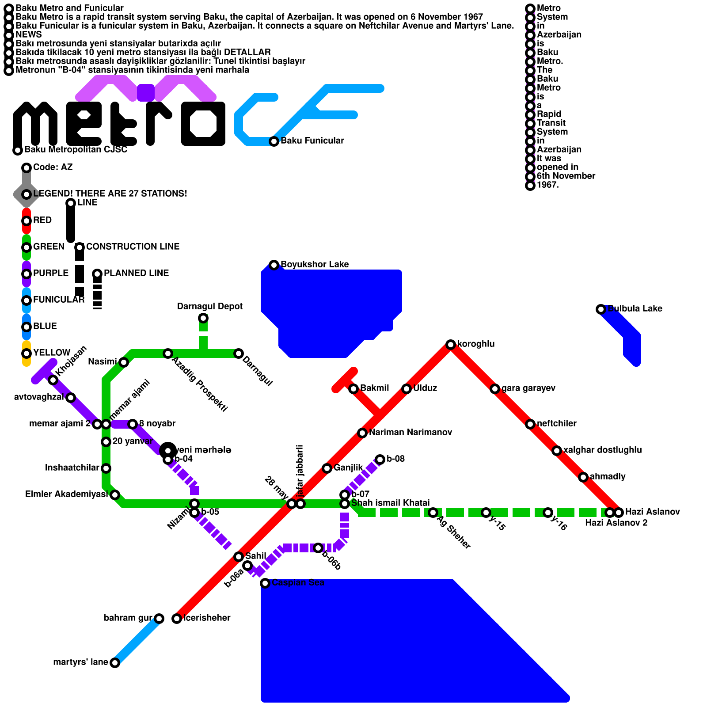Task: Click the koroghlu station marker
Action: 450,345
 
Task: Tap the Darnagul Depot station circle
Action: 203,318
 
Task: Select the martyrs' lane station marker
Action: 114,663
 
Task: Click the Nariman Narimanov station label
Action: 410,432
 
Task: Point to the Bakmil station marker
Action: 353,389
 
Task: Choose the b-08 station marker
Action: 380,460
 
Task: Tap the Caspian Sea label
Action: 298,582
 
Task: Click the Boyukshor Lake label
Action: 315,264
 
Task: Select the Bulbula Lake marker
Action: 601,309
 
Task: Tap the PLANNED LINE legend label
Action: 136,273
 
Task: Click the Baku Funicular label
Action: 312,141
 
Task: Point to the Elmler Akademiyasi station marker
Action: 114,495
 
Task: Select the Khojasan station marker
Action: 53,380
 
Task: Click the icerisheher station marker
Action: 176,619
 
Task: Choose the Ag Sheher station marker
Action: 433,513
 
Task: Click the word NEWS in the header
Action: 28,34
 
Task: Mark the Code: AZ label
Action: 53,167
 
